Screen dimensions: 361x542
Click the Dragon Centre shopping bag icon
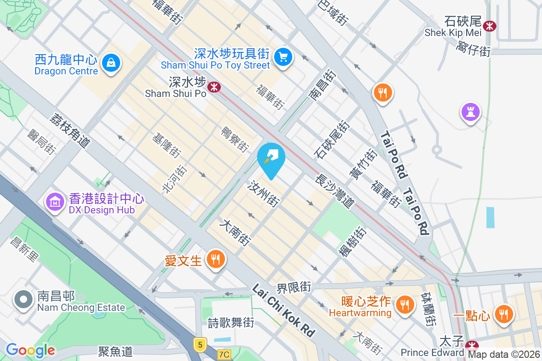[111, 63]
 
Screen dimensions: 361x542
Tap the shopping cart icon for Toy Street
[283, 57]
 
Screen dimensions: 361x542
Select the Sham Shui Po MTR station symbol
[214, 86]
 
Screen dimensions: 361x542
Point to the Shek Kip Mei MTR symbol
[489, 26]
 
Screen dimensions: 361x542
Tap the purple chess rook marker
[470, 111]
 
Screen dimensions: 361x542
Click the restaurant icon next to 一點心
[503, 313]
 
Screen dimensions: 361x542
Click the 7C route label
[224, 355]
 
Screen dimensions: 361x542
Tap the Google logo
[31, 350]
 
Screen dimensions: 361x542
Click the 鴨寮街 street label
[235, 139]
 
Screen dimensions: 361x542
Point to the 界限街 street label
[294, 287]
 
